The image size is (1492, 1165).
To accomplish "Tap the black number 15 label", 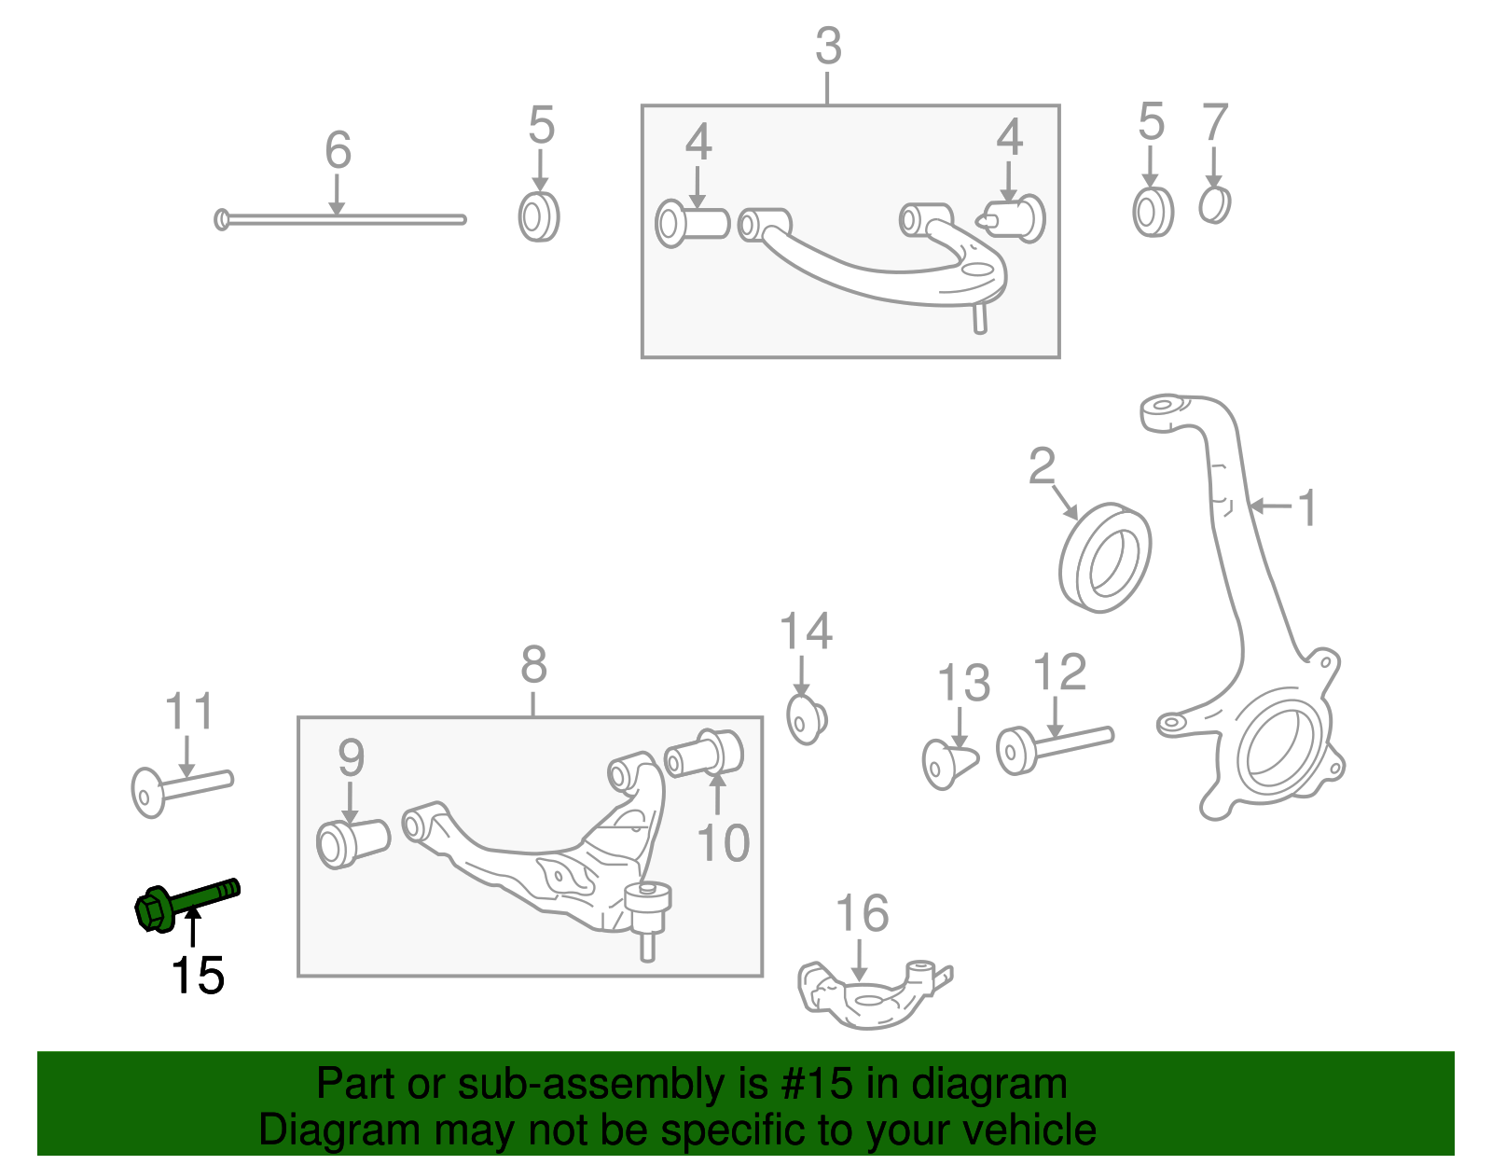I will click(197, 977).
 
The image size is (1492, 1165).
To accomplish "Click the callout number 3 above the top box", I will click(828, 47).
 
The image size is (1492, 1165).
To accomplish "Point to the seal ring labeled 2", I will click(1105, 558).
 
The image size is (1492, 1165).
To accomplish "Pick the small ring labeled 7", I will click(1214, 205).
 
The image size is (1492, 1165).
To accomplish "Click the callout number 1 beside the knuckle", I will click(1308, 508).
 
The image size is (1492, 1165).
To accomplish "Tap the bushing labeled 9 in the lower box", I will click(352, 842).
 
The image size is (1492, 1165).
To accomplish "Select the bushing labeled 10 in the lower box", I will click(705, 754).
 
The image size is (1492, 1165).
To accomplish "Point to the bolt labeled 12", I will click(1054, 746).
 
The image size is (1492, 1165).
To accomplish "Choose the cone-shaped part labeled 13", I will click(949, 763).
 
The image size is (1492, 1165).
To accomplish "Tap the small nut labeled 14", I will click(806, 719).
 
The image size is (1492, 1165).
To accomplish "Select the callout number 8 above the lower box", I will click(533, 666).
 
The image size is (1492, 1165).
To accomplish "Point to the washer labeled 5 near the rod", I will click(538, 217).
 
